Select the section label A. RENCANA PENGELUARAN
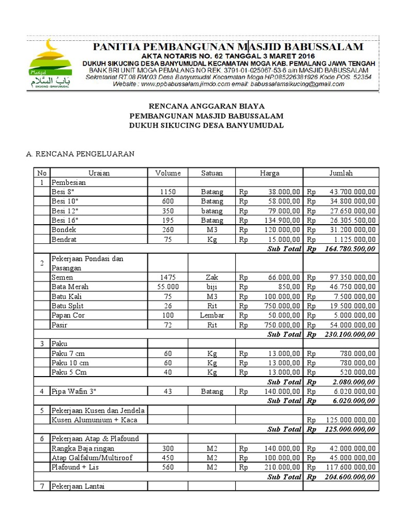(x=80, y=153)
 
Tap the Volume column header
(x=168, y=173)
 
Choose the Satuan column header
(x=212, y=173)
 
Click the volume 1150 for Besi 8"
(x=168, y=192)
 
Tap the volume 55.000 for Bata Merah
(x=168, y=287)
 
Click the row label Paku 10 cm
(x=70, y=363)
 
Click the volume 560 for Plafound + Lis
(x=168, y=467)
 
